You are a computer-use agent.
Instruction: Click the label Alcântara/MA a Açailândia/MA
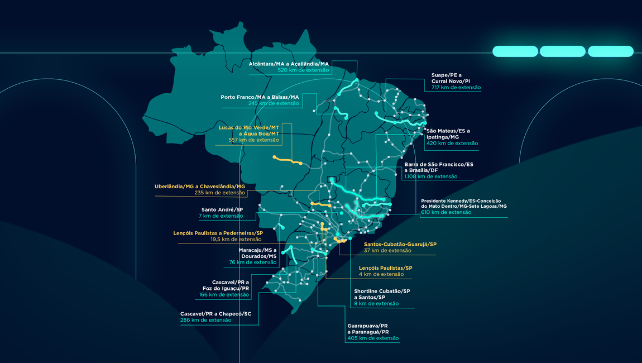(x=289, y=64)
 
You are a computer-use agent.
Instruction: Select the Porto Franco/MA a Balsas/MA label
(x=260, y=97)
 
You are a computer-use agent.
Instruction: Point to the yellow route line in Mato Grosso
(x=287, y=160)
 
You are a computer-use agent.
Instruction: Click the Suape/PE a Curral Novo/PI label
(x=451, y=78)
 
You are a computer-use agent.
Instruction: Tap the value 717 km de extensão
(x=456, y=88)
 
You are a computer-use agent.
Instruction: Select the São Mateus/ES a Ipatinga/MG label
(x=448, y=133)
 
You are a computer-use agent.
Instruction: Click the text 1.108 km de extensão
(x=430, y=176)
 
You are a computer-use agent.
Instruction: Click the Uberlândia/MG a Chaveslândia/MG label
(x=200, y=186)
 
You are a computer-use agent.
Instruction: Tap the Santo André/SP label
(x=222, y=209)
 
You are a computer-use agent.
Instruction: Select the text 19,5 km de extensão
(x=236, y=239)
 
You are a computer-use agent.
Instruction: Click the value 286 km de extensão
(x=205, y=320)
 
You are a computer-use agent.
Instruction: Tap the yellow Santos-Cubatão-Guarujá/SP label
(x=400, y=244)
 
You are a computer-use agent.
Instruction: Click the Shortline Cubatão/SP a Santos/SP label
(x=382, y=294)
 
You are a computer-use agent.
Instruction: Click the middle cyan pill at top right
(x=563, y=51)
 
